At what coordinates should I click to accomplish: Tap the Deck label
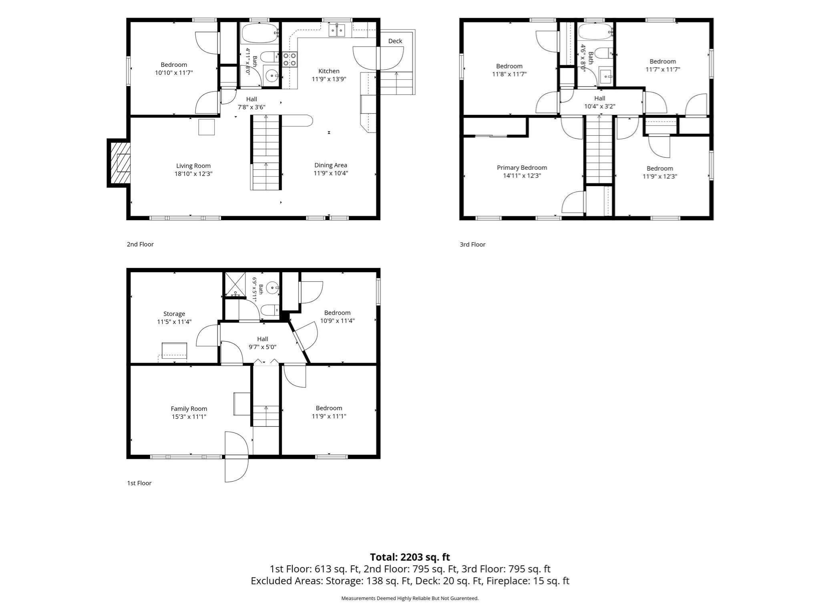tap(395, 41)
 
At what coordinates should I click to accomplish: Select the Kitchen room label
tap(329, 71)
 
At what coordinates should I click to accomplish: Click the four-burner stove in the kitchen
tap(290, 59)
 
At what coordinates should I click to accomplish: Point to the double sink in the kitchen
tap(337, 30)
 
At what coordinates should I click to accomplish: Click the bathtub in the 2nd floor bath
tap(259, 33)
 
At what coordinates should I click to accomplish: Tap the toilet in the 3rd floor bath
tap(604, 53)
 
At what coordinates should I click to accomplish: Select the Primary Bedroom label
tap(522, 168)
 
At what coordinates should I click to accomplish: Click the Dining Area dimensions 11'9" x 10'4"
tap(331, 173)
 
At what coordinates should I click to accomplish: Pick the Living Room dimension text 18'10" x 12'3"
tap(193, 174)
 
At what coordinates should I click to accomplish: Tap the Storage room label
tap(174, 314)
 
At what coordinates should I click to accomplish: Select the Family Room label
tap(189, 409)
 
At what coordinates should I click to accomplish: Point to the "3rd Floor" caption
tap(472, 244)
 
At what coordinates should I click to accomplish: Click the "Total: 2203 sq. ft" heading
tap(410, 557)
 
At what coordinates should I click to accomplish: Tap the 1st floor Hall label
tap(263, 339)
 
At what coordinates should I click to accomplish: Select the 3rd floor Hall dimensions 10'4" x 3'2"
tap(600, 107)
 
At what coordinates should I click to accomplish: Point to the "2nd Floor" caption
tap(140, 244)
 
